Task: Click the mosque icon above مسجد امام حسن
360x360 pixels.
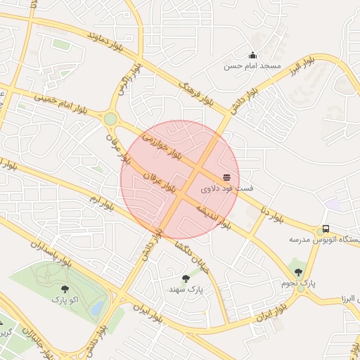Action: pyautogui.click(x=253, y=56)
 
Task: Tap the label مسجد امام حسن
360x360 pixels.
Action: pyautogui.click(x=252, y=66)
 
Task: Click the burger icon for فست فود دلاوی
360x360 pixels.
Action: pyautogui.click(x=226, y=178)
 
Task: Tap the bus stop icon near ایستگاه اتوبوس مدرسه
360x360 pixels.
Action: pyautogui.click(x=325, y=229)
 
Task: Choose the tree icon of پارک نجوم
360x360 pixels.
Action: pyautogui.click(x=298, y=272)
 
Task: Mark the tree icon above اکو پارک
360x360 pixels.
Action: pyautogui.click(x=65, y=289)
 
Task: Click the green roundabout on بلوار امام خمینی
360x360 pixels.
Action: pyautogui.click(x=110, y=119)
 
